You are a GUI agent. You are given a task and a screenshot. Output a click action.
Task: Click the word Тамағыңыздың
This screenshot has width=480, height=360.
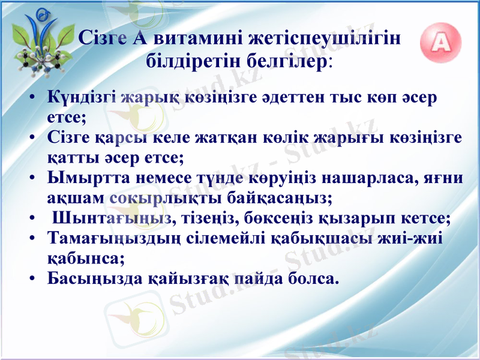coord(113,238)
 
